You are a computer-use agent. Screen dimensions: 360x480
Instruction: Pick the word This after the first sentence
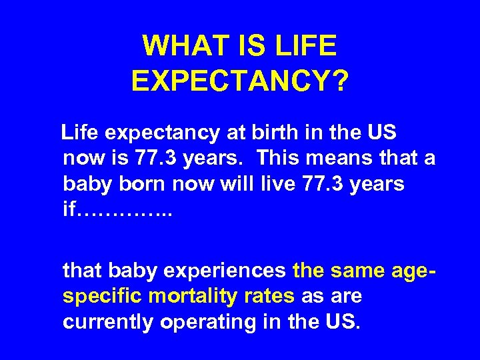(281, 159)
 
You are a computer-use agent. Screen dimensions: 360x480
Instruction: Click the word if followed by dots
(70, 209)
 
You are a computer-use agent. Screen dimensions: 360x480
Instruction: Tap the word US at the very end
(345, 322)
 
